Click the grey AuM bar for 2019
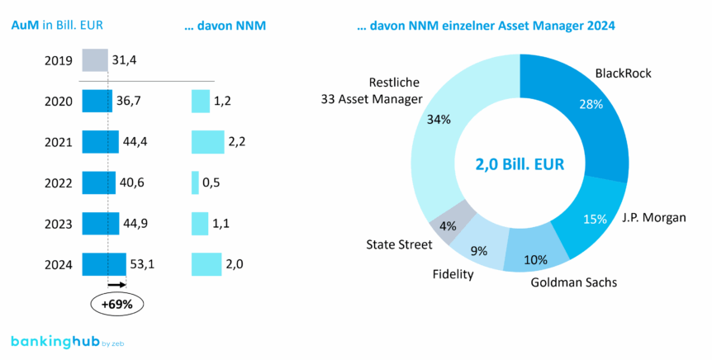(x=94, y=61)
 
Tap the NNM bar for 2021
(x=207, y=142)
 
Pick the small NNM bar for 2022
(x=195, y=182)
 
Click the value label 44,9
(x=135, y=224)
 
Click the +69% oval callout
(x=116, y=304)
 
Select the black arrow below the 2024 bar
(x=116, y=285)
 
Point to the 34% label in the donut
(x=439, y=120)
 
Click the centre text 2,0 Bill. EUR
(x=520, y=164)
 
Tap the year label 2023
(x=59, y=224)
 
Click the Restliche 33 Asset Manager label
(x=372, y=91)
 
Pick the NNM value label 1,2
(x=221, y=102)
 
